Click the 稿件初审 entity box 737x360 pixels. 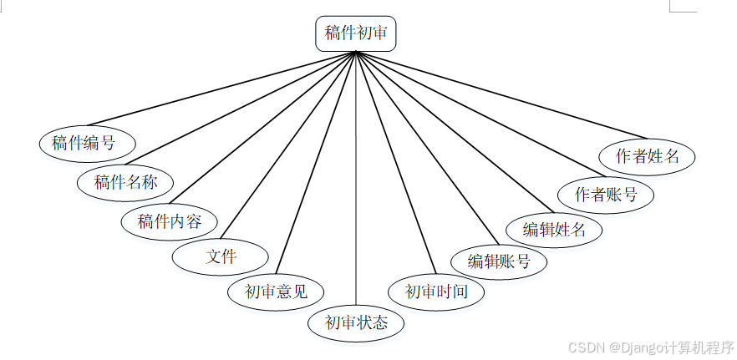pyautogui.click(x=355, y=34)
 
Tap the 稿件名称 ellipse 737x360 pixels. pyautogui.click(x=125, y=182)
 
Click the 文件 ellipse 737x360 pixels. pyautogui.click(x=221, y=256)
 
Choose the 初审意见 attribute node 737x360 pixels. pyautogui.click(x=276, y=292)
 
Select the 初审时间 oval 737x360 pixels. pyautogui.click(x=436, y=292)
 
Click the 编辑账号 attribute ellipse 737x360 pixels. pyautogui.click(x=499, y=261)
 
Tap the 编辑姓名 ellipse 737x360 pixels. pyautogui.click(x=555, y=229)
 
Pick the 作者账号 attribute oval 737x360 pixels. pyautogui.click(x=606, y=195)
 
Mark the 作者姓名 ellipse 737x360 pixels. pyautogui.click(x=648, y=155)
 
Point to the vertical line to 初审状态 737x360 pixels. pyautogui.click(x=356, y=180)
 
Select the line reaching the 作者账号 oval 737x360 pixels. pyautogui.click(x=476, y=114)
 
